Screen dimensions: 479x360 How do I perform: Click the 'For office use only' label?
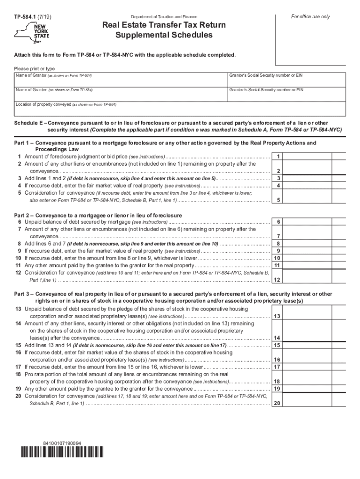(310, 17)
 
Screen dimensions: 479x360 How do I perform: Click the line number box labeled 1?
(278, 157)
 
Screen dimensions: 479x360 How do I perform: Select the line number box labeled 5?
(278, 200)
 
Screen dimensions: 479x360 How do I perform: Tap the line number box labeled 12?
(278, 280)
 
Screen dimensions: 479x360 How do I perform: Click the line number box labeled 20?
(278, 403)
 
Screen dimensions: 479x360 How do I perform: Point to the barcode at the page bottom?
(62, 452)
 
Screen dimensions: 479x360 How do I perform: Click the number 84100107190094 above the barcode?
(61, 443)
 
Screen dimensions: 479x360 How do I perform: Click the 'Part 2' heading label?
(23, 215)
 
